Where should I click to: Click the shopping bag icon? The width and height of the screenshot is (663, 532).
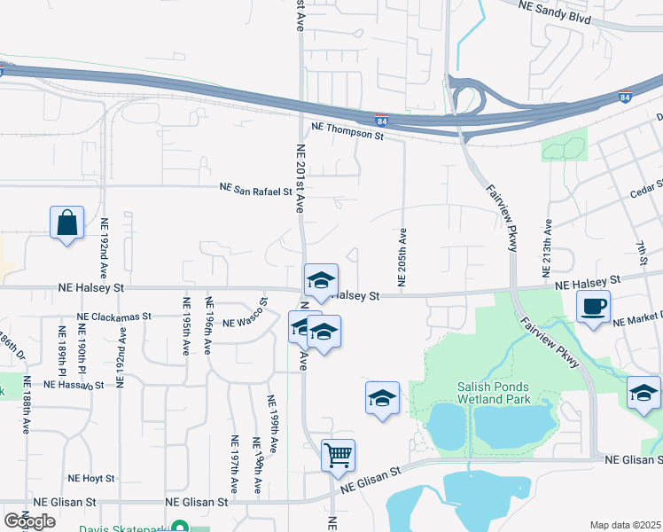tap(67, 223)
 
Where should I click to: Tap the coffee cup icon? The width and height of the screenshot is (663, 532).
tap(593, 307)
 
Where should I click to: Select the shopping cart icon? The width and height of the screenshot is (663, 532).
tap(339, 456)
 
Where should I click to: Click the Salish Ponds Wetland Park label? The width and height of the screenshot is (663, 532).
tap(494, 393)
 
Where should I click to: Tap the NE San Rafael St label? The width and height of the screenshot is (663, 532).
tap(256, 189)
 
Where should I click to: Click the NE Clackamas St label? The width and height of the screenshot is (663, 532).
tap(113, 317)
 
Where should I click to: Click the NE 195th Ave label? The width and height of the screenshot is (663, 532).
tap(186, 325)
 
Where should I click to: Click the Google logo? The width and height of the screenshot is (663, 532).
tap(29, 520)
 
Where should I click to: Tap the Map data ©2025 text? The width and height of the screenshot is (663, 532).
tap(626, 525)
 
